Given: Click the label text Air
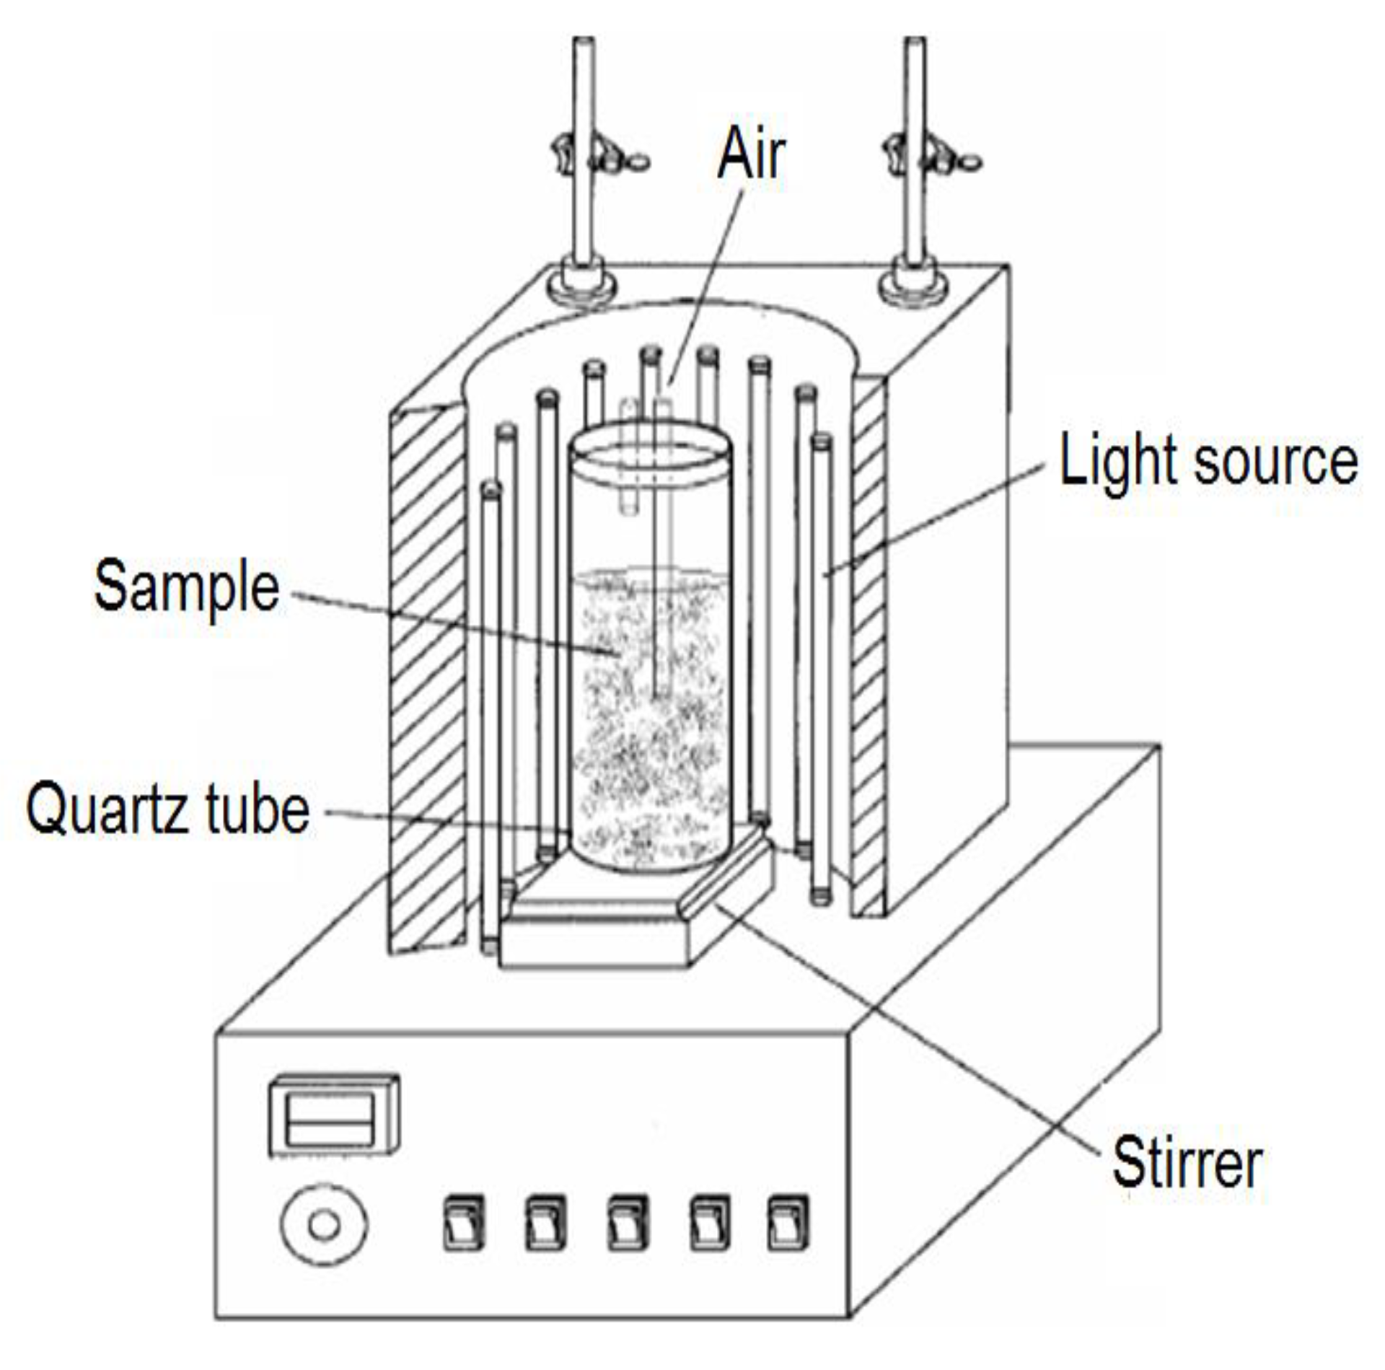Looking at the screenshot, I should (x=750, y=153).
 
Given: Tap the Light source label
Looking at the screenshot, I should (x=1208, y=462).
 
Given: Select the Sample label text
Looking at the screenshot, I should (x=186, y=587).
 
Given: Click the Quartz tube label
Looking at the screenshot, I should (x=167, y=809).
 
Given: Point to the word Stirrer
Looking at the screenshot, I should (x=1187, y=1162).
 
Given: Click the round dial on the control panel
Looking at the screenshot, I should (x=324, y=1224).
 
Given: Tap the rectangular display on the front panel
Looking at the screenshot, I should (x=334, y=1115).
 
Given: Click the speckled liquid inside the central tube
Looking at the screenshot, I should (x=649, y=758).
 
